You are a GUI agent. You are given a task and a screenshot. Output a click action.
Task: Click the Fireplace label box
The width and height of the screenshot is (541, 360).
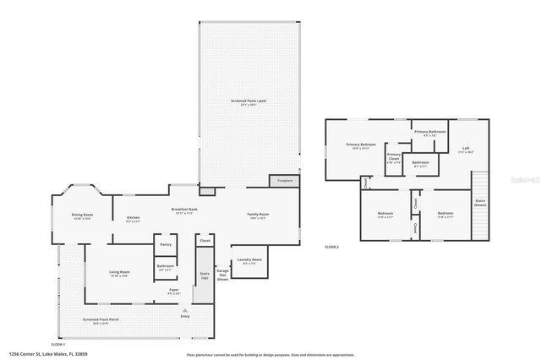tap(282, 180)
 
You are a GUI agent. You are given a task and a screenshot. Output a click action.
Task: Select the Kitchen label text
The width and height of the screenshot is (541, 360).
tap(134, 218)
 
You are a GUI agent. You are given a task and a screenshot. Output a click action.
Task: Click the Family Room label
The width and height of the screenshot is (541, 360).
tap(257, 215)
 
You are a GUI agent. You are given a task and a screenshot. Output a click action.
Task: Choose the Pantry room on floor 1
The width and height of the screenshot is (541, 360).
tap(166, 244)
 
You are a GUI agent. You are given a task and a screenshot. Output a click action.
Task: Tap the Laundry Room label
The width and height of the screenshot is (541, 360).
tap(251, 261)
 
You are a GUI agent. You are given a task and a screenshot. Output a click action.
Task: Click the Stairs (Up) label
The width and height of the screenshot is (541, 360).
tap(204, 275)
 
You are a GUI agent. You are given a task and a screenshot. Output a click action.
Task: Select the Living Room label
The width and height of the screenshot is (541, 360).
tap(119, 273)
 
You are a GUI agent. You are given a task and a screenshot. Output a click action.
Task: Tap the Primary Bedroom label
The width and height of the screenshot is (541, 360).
tap(361, 146)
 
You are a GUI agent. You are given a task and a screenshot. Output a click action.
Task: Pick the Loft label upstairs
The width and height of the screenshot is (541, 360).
tap(465, 150)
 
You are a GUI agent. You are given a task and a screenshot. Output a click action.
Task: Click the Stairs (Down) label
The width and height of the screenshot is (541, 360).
tap(480, 203)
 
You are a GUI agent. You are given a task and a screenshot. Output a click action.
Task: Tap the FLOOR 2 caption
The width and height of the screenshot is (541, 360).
tap(332, 247)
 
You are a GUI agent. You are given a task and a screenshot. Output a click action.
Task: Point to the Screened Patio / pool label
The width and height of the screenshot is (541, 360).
tap(249, 102)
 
